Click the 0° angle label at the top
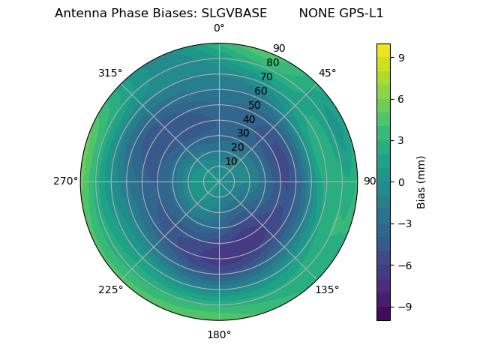click(x=219, y=28)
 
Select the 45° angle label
click(x=327, y=73)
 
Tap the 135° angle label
click(x=327, y=289)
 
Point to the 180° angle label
click(x=219, y=334)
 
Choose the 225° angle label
click(x=110, y=289)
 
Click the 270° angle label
click(x=65, y=181)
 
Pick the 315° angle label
click(x=110, y=73)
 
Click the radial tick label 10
click(x=231, y=161)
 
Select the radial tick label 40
click(x=249, y=119)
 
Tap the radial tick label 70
click(x=266, y=76)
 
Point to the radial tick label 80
click(x=272, y=63)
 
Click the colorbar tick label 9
click(x=401, y=56)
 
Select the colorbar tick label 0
click(x=401, y=181)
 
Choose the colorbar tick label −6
click(x=403, y=265)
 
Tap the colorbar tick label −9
click(x=403, y=307)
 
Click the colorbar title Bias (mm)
click(x=421, y=181)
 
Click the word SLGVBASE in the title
click(x=234, y=13)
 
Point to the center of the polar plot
click(x=219, y=181)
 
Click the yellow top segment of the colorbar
click(x=383, y=50)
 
